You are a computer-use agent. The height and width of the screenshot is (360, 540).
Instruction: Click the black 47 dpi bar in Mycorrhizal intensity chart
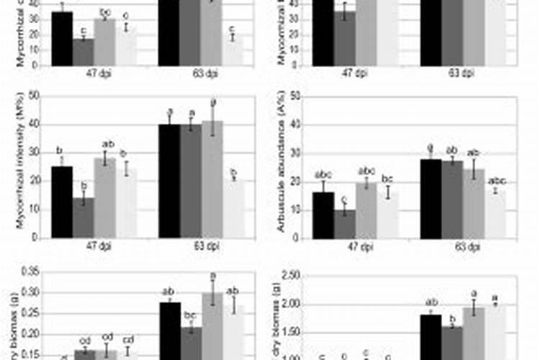[62, 202]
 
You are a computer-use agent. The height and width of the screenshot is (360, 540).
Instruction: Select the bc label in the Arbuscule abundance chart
[387, 179]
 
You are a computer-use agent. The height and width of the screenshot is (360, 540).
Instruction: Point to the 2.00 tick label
[294, 305]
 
